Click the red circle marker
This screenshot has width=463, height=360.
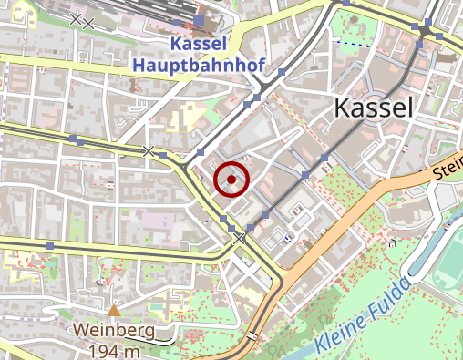point(231,180)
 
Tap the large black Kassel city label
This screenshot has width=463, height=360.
point(374,108)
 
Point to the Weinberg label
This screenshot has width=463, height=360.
point(115,331)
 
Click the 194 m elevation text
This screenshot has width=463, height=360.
point(115,351)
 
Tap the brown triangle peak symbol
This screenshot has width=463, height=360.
point(114,312)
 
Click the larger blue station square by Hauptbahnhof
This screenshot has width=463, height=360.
point(200,21)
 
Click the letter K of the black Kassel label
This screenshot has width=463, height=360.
point(344,108)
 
